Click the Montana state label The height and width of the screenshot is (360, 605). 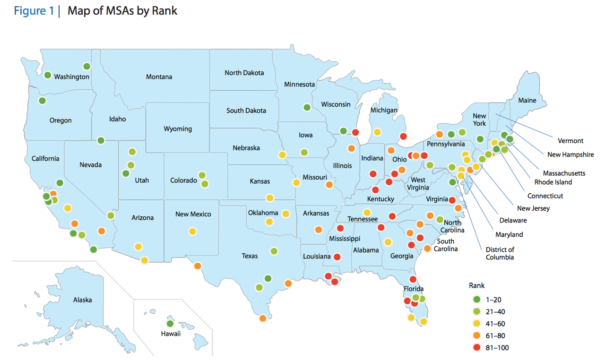point(159,77)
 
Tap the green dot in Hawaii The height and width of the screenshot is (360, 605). point(170,324)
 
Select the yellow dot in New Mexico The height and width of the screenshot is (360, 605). point(192,231)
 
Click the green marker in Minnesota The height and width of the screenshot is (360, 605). point(307,107)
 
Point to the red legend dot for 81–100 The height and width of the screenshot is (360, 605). point(477,348)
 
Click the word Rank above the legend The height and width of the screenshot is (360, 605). point(476,285)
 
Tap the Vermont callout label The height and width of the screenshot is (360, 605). point(570,140)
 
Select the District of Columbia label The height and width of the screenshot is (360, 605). point(500,253)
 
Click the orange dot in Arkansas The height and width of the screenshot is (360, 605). point(319,230)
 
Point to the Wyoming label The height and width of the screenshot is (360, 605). point(178,129)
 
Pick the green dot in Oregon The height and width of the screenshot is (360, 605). point(42,101)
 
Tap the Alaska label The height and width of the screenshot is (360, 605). point(82,300)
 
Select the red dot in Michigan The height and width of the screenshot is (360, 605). point(403,137)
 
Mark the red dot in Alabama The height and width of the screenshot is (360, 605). point(381,228)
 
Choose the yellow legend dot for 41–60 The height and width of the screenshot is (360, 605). point(477,324)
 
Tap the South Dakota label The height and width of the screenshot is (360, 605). point(246,110)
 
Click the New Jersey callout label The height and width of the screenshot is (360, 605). point(534,208)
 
